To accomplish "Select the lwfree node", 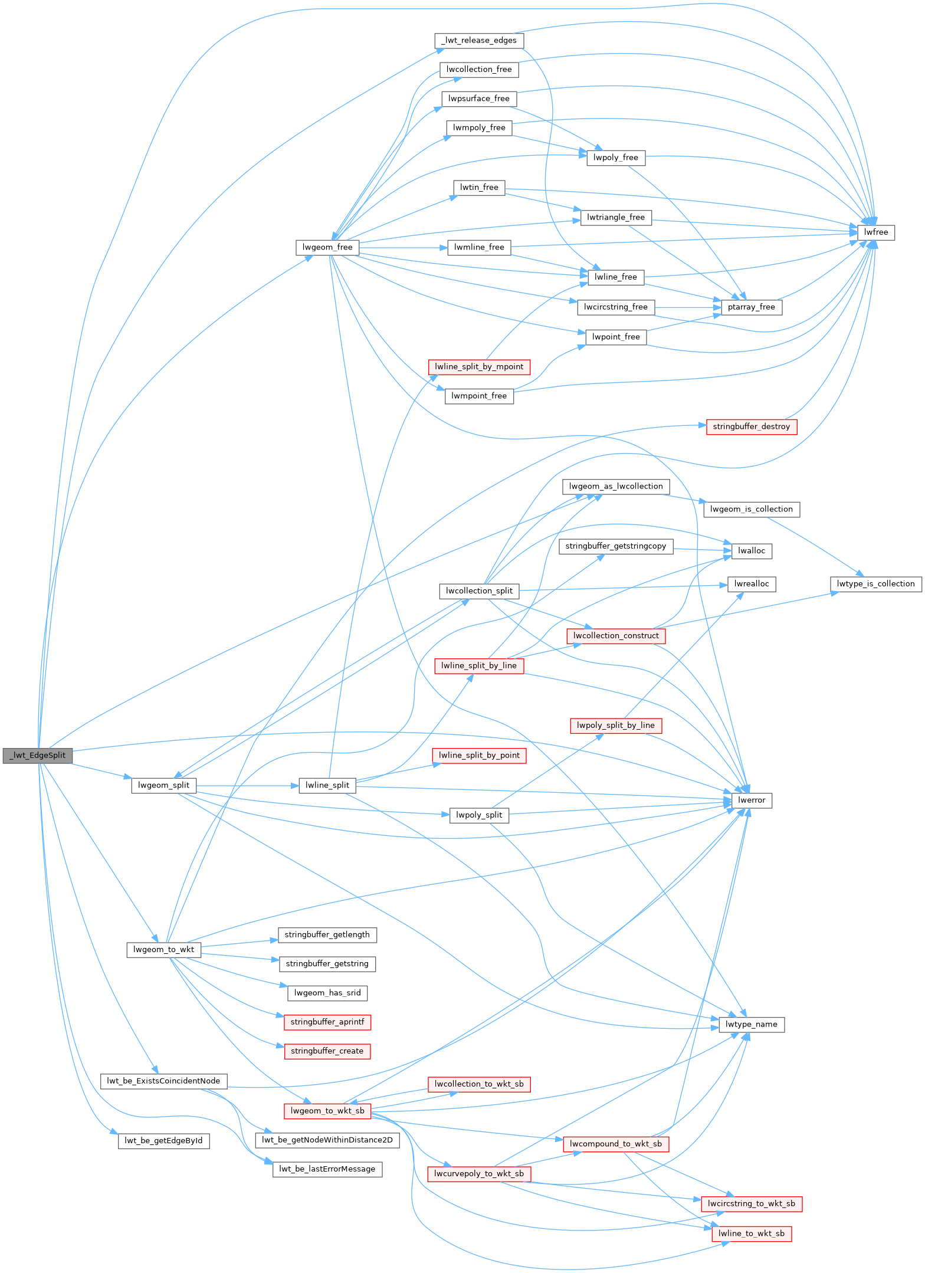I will [876, 232].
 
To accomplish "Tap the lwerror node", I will [752, 800].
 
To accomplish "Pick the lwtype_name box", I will [752, 1025].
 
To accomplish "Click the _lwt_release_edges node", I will [479, 41].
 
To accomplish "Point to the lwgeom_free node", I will [327, 247].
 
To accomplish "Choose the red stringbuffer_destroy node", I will [751, 426].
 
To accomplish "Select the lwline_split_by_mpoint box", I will [479, 367].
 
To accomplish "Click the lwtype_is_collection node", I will [875, 584].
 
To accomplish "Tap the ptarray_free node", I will [752, 307].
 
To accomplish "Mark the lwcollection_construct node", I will [616, 636].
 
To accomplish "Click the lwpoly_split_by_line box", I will [616, 726].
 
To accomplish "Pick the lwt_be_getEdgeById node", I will [163, 1141].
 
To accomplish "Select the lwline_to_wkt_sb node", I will [752, 1233].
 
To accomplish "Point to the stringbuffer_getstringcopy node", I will [615, 546].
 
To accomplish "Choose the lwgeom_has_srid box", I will [327, 993].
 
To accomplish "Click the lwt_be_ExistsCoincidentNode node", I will [163, 1081].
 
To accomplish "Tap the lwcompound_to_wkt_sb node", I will [616, 1144].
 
